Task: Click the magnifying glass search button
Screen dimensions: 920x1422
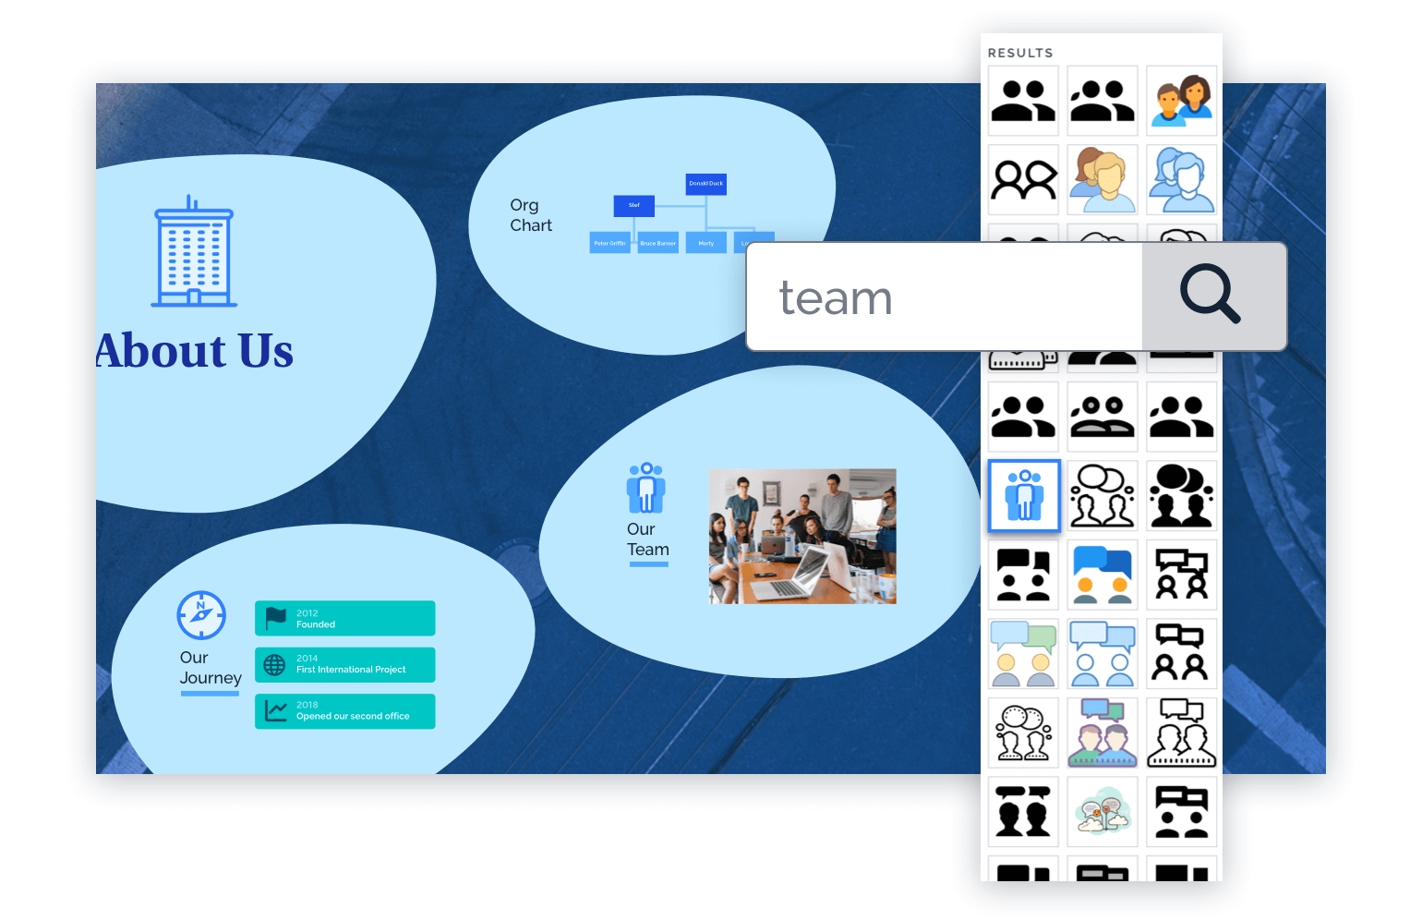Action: tap(1212, 297)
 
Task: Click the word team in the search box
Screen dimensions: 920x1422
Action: tap(836, 298)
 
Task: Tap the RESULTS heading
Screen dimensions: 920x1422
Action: tap(1020, 53)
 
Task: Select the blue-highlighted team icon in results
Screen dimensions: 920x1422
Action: tap(1024, 495)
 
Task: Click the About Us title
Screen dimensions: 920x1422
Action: tap(195, 351)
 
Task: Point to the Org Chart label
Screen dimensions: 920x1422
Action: tap(530, 215)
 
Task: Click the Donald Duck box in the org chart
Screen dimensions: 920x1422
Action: tap(706, 184)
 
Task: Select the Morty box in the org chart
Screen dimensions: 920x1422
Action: tap(706, 243)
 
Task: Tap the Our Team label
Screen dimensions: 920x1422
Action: tap(647, 539)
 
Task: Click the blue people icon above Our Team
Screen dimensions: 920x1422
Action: tap(646, 488)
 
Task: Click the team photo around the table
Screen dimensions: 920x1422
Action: tap(802, 536)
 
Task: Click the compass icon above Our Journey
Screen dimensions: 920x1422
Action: tap(201, 615)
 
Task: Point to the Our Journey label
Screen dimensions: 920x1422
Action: tap(210, 668)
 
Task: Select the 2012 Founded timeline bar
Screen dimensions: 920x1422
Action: tap(345, 618)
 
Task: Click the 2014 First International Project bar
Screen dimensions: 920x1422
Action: tap(345, 664)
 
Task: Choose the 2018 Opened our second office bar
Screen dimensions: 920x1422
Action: tap(345, 711)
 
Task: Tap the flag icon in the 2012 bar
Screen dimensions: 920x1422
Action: tap(276, 618)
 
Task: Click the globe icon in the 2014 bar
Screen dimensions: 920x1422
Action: tap(275, 664)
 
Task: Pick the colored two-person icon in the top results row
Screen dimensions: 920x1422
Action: tap(1182, 101)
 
